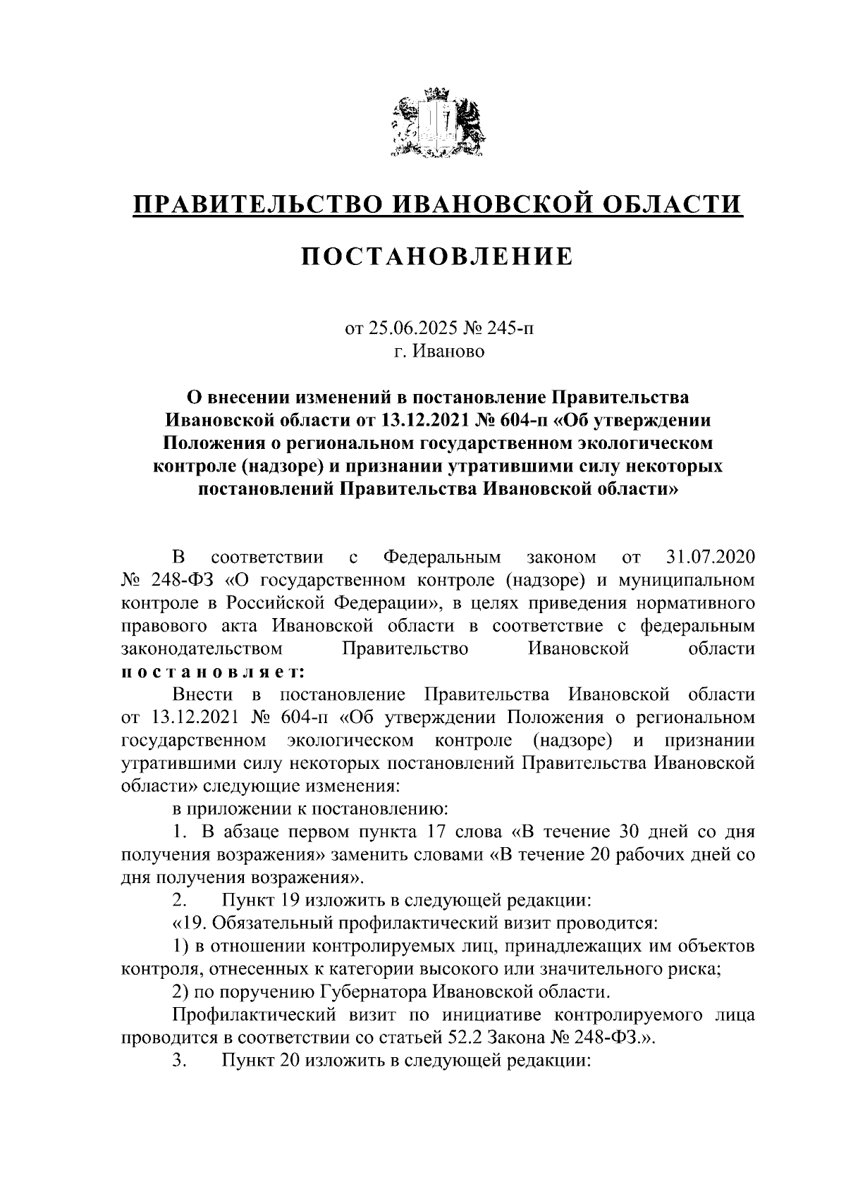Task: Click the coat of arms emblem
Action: [437, 124]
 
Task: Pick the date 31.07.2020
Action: [710, 557]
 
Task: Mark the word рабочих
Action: [656, 855]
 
